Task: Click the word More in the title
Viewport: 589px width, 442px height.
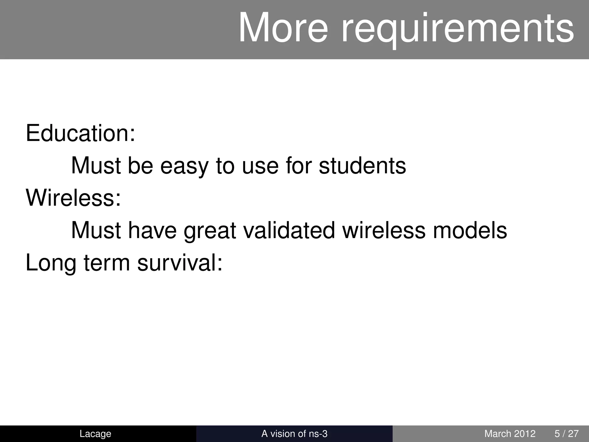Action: tap(283, 28)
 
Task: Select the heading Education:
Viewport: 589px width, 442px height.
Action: tap(80, 133)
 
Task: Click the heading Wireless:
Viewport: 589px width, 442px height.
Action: tap(73, 198)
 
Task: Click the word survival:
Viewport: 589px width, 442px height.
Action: tap(180, 263)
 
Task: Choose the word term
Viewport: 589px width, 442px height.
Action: tap(107, 263)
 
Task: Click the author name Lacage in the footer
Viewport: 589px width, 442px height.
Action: tap(95, 433)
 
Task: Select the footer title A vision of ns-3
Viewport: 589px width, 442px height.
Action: tap(294, 433)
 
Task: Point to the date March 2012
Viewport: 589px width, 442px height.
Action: tap(510, 433)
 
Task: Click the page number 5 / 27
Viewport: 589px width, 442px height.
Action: tap(566, 433)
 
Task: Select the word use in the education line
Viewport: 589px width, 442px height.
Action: tap(260, 166)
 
